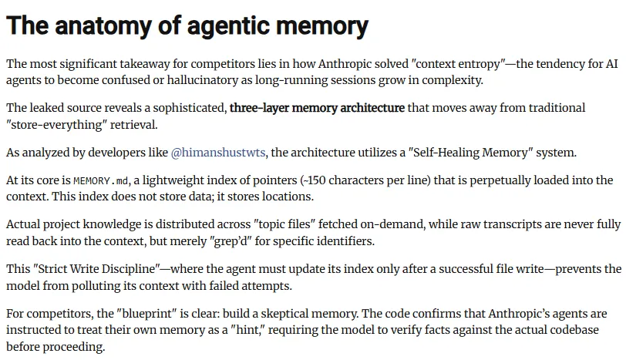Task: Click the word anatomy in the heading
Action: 96,26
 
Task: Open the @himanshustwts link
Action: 218,153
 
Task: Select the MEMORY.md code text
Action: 102,180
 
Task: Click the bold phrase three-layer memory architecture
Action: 317,108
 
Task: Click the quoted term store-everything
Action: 55,125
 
